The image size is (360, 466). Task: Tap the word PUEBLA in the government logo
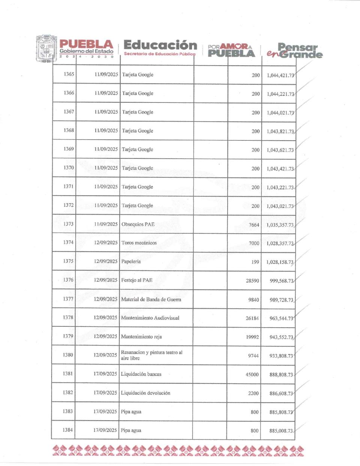point(86,44)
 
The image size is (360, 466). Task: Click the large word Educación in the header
point(160,45)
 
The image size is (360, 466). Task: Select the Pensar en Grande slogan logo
point(294,51)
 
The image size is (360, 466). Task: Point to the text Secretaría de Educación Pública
point(159,54)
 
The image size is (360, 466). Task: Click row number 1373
point(68,224)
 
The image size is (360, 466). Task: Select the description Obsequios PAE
point(138,224)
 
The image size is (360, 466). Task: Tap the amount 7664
point(254,225)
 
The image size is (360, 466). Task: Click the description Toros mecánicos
point(139,243)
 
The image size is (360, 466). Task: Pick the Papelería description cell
point(131,262)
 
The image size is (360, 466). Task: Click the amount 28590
point(252,281)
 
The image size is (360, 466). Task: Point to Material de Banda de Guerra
point(151,299)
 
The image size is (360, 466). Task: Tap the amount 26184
point(252,318)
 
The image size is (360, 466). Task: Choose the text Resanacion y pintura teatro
point(151,353)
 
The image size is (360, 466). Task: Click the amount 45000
point(252,374)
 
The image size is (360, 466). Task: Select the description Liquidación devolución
point(145,393)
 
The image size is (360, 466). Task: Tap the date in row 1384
point(105,430)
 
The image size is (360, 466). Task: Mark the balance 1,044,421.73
point(280,75)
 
